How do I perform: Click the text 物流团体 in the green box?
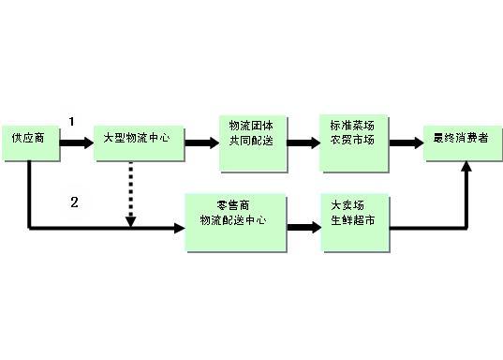click(x=251, y=126)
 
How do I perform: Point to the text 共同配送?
click(x=251, y=142)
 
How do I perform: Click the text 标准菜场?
click(x=352, y=126)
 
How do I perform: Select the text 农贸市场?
click(x=352, y=142)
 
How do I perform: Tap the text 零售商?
click(x=231, y=205)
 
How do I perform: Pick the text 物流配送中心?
click(x=231, y=221)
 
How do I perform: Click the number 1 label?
click(x=72, y=121)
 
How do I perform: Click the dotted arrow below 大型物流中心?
click(x=131, y=192)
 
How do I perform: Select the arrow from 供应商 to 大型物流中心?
click(x=76, y=142)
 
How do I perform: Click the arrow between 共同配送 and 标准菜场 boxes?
click(x=302, y=142)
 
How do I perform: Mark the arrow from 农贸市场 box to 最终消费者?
click(x=404, y=142)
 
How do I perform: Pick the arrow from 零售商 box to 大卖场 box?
click(x=302, y=226)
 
